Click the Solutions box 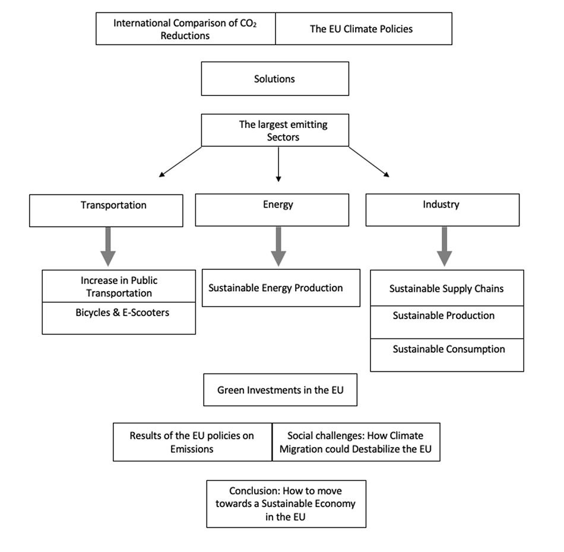click(x=275, y=79)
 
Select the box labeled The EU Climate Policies click(x=364, y=28)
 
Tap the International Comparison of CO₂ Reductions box click(x=186, y=28)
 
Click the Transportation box click(x=106, y=210)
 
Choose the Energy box click(x=272, y=210)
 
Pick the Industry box click(x=442, y=210)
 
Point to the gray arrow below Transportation click(x=108, y=247)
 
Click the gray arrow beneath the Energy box click(x=278, y=247)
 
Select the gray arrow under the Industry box click(x=445, y=247)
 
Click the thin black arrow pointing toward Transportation click(x=180, y=162)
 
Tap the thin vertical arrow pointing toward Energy click(x=278, y=164)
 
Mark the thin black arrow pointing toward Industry click(x=369, y=162)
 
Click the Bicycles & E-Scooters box click(x=119, y=318)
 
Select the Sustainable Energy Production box click(x=281, y=288)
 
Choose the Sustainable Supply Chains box click(x=447, y=288)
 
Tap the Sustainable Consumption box click(x=447, y=355)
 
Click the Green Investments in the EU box click(x=280, y=390)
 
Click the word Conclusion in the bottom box click(x=255, y=491)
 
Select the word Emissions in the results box click(x=192, y=449)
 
